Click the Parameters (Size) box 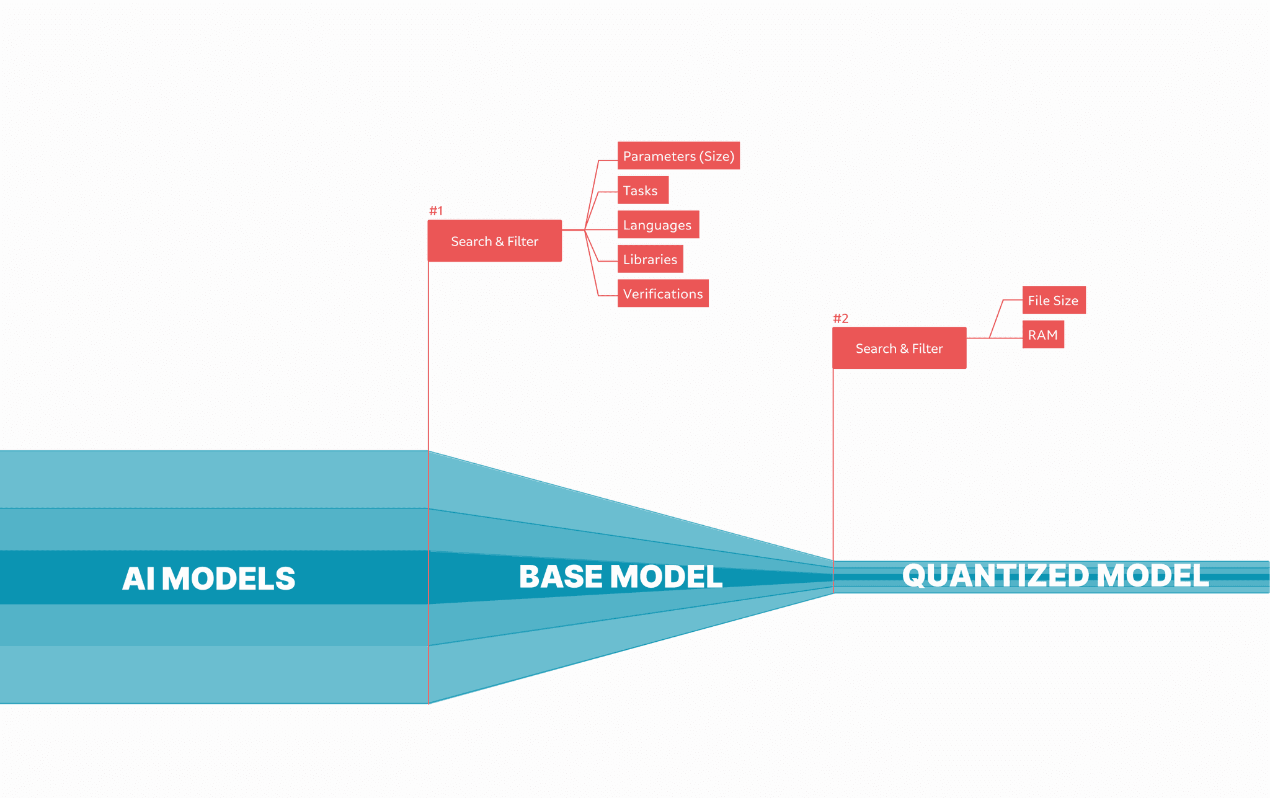pos(678,156)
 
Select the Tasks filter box pos(642,190)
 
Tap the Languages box pos(658,224)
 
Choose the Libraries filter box pos(650,259)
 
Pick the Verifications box pos(663,294)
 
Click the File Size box pos(1054,300)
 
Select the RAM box pos(1043,335)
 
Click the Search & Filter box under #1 pos(494,241)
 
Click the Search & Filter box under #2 pos(899,348)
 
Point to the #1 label pos(436,211)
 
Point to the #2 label pos(840,319)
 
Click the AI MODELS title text pos(209,579)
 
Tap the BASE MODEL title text pos(621,577)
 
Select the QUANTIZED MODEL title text pos(1055,575)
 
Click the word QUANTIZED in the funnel pos(995,575)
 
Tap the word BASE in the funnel pos(560,577)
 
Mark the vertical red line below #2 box pos(833,465)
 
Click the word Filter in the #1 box pos(523,241)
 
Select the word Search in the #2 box pos(876,348)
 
